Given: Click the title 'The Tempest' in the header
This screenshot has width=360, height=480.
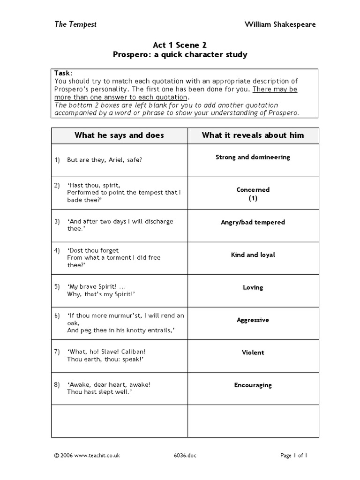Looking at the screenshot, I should (x=75, y=24).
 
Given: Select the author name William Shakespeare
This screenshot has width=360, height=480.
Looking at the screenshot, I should (x=280, y=24).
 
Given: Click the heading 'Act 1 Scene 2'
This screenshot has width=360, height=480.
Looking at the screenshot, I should (x=180, y=45).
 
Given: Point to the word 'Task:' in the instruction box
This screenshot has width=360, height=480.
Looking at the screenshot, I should (x=63, y=73).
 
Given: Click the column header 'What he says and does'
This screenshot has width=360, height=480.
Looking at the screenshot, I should (x=119, y=135).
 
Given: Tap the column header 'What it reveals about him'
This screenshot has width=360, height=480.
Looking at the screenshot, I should (x=253, y=135).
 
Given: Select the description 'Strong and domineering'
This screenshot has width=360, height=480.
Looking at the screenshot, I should (x=253, y=157).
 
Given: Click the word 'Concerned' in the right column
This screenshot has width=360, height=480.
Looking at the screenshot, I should (x=253, y=190).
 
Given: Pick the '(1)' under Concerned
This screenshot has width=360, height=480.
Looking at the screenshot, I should (x=253, y=198).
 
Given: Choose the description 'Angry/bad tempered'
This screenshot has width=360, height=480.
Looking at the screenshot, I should (x=253, y=222).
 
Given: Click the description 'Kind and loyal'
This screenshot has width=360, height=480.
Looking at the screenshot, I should (x=253, y=255).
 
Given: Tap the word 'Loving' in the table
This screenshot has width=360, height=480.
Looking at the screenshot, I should (x=253, y=287).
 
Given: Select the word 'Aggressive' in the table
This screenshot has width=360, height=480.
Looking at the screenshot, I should (x=253, y=320).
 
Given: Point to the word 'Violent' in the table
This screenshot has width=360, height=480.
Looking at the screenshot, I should (x=253, y=352).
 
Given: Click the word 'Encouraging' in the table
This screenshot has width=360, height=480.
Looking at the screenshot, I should (x=253, y=385).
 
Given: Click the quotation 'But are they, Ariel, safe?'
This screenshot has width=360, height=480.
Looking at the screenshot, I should (x=104, y=160).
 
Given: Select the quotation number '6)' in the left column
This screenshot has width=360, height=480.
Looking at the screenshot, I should (x=57, y=315).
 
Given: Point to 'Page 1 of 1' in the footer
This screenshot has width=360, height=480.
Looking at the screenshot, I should (x=293, y=455).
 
